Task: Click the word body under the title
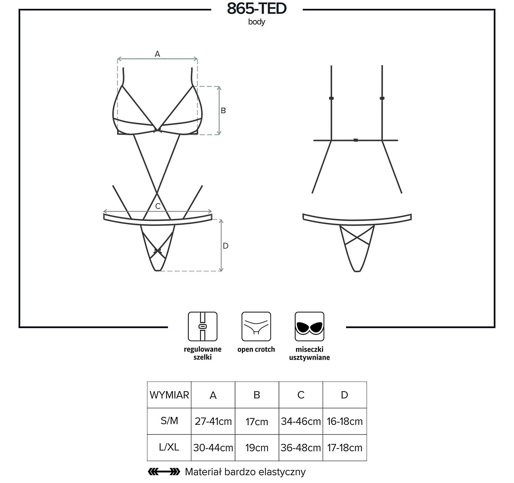pos(256,22)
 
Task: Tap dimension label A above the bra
pos(157,54)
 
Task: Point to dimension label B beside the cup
pos(223,111)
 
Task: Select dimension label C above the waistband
pos(158,206)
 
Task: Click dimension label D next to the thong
pos(225,246)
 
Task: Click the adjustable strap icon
pos(203,326)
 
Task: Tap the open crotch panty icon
pos(256,326)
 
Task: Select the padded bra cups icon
pos(309,326)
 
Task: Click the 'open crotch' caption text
pos(256,349)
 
